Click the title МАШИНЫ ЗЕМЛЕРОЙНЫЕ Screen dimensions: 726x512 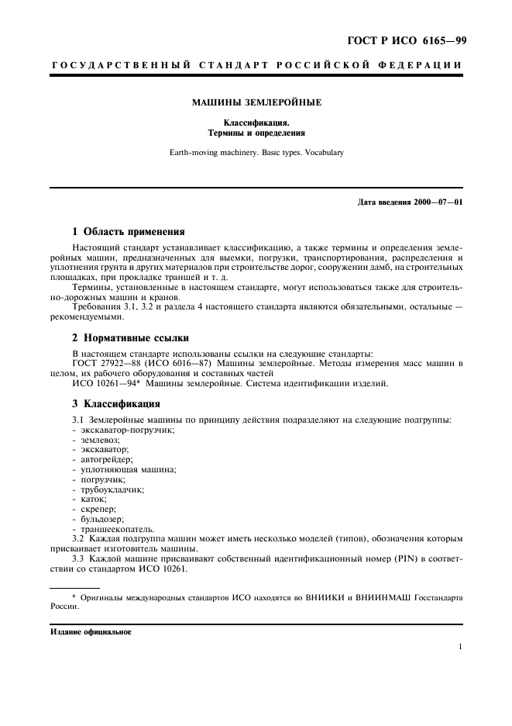click(x=256, y=102)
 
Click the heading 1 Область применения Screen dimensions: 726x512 click(x=128, y=230)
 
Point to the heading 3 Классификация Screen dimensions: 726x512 click(x=116, y=403)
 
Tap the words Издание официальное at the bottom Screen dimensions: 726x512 click(x=91, y=631)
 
